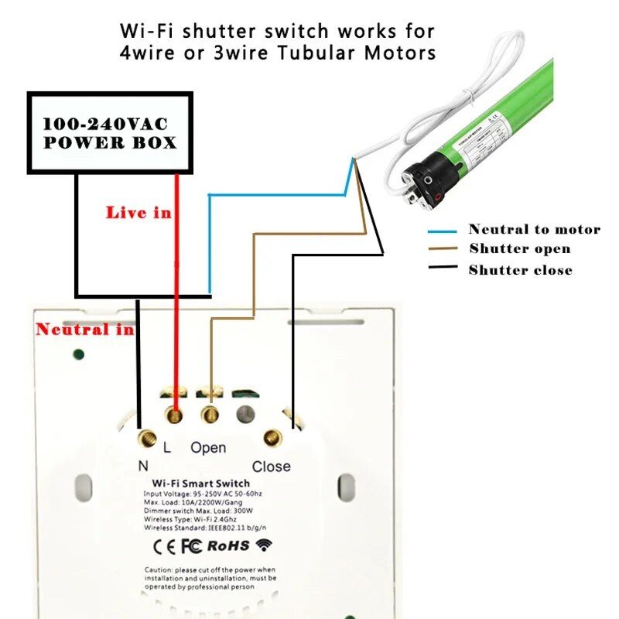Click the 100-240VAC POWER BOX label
click(109, 133)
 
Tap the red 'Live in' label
click(139, 212)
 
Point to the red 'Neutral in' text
click(84, 330)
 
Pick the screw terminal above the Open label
click(210, 416)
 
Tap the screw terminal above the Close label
click(272, 438)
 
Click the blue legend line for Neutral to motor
click(444, 231)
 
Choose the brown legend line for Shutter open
click(444, 249)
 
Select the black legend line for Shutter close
click(444, 268)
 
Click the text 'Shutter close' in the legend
click(520, 270)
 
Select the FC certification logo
click(191, 545)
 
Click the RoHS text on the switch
click(228, 545)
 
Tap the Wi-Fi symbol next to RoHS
click(265, 545)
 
